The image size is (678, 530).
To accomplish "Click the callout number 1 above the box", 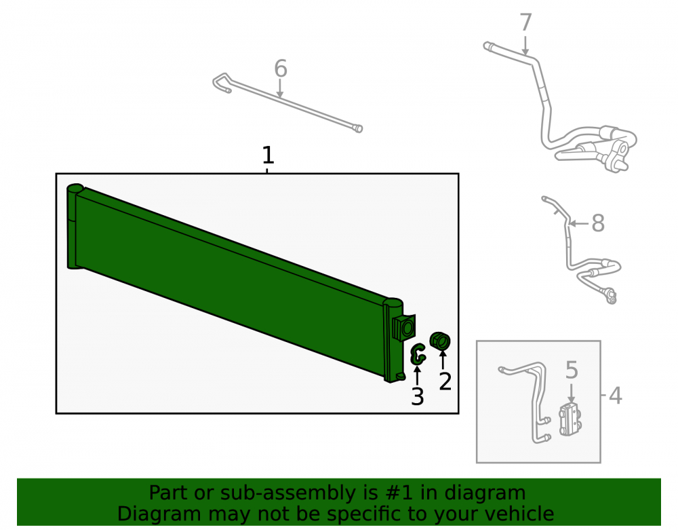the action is click(268, 155).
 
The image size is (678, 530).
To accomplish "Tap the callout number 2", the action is click(445, 381).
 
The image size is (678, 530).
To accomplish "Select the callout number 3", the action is click(417, 397).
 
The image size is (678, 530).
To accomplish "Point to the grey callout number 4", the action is click(616, 396).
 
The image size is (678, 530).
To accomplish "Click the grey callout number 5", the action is click(572, 371).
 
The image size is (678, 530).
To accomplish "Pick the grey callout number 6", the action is click(281, 69).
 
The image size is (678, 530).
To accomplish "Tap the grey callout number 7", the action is click(525, 22).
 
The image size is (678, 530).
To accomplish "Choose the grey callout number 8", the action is click(597, 224).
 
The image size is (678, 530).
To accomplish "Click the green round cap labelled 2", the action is click(440, 341).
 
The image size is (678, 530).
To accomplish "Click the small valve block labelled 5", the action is click(571, 419).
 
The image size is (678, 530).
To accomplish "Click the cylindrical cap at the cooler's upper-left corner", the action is click(75, 189).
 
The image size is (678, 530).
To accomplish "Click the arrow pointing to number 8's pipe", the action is click(578, 224).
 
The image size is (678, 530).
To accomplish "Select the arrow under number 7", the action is click(525, 45).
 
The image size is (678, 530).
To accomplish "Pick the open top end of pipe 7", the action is click(487, 45).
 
